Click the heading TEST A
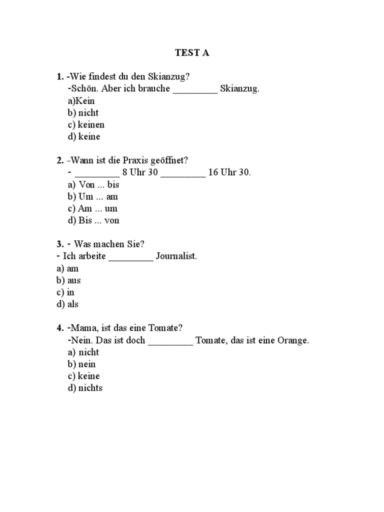coord(191,52)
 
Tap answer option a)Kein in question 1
coord(81,100)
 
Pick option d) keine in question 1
coord(84,136)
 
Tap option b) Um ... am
coord(92,196)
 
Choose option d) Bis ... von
coord(93,220)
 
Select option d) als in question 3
coord(67,304)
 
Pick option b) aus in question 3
coord(68,280)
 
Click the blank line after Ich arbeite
coord(131,258)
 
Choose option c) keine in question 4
coord(84,376)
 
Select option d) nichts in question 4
coord(85,388)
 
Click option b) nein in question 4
coord(81,364)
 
